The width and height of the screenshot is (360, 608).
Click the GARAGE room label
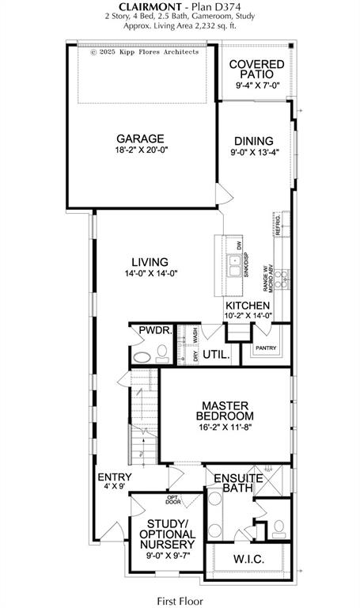(x=141, y=137)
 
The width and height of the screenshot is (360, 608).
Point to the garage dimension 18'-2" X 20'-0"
(x=141, y=150)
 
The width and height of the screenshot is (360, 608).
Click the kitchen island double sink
(x=235, y=266)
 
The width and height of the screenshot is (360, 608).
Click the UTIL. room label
(x=216, y=355)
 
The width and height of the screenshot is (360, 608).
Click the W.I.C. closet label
(x=249, y=560)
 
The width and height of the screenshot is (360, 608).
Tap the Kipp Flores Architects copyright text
(x=144, y=52)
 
